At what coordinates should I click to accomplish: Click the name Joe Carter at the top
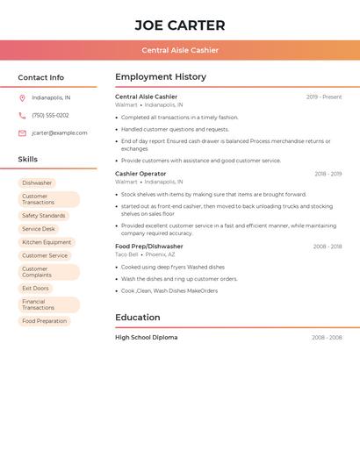pos(180,25)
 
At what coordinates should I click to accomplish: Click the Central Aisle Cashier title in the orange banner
pos(180,50)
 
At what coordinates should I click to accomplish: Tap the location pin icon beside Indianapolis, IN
pos(22,97)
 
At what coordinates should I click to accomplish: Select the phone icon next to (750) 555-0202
pos(22,115)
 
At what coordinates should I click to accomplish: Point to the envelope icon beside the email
pos(22,133)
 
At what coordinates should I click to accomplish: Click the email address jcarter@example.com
pos(60,133)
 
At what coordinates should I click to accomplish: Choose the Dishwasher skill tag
pos(37,183)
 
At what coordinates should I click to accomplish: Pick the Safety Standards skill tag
pos(44,216)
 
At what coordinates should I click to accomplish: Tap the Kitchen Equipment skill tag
pos(47,242)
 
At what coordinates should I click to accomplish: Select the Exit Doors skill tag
pos(35,289)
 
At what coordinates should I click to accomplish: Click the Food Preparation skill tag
pos(44,321)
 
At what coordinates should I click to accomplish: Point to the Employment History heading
pos(161,77)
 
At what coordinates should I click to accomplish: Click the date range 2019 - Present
pos(324,97)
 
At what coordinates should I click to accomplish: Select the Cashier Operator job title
pos(140,174)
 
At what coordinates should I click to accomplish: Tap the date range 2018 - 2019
pos(328,174)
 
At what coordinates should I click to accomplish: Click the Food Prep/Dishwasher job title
pos(149,247)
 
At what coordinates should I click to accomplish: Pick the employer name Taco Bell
pos(126,254)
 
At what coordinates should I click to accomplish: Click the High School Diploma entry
pos(146,338)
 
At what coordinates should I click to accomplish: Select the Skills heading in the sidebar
pos(28,160)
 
